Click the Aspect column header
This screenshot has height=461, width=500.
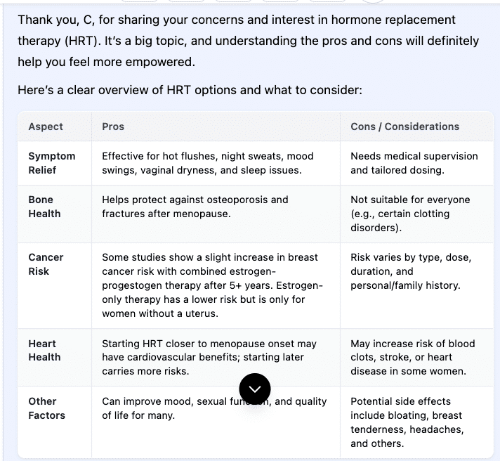click(x=46, y=126)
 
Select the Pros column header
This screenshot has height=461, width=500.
click(x=113, y=126)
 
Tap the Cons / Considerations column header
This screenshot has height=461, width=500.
click(x=404, y=126)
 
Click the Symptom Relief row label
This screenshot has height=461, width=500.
click(x=51, y=163)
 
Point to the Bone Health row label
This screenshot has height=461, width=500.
click(x=44, y=207)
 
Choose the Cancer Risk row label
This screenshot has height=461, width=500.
click(x=46, y=264)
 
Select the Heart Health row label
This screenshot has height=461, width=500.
click(x=44, y=351)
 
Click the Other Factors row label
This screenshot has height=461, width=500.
click(x=46, y=408)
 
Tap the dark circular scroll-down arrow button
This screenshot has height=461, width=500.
click(x=254, y=389)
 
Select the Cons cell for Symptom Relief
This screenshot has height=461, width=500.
click(x=414, y=163)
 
